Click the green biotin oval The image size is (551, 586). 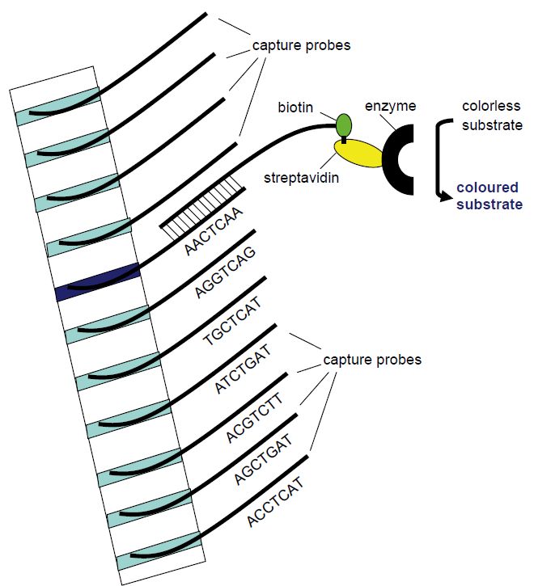pos(344,125)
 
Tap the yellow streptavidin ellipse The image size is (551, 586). pos(358,154)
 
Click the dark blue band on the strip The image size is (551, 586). pos(98,282)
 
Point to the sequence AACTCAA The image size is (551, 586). pos(214,232)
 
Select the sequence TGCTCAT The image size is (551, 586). pos(232,321)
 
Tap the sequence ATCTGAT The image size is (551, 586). pos(244,369)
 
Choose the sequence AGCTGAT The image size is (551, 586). pos(263,459)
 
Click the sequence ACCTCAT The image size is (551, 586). pos(275,502)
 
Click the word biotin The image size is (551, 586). pos(295,108)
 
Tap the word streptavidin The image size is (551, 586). pos(302,178)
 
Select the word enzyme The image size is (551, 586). pos(391,106)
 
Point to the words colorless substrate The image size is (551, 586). pos(492,116)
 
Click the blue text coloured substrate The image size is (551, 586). pos(490,196)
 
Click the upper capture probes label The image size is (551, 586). pos(302,45)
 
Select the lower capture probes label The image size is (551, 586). pos(372,360)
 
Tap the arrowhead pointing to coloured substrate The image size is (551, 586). pos(445,196)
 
